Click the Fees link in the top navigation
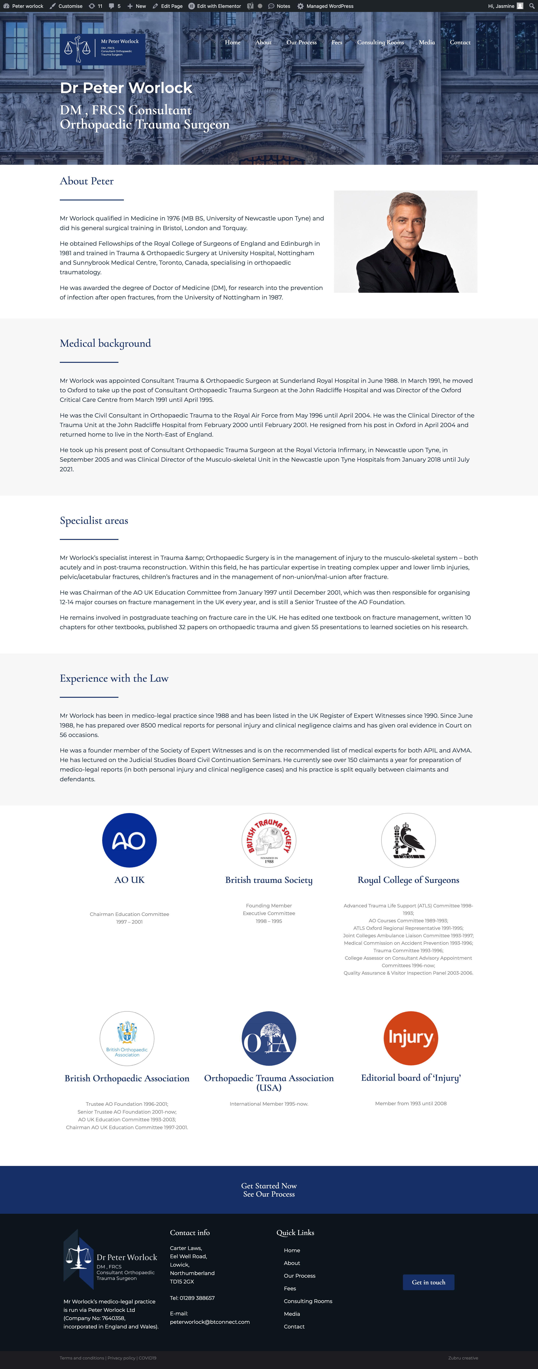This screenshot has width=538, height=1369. tap(336, 43)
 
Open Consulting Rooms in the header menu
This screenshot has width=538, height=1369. tap(380, 43)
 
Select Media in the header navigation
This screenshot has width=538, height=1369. tap(426, 43)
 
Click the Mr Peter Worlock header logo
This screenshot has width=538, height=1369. tap(102, 49)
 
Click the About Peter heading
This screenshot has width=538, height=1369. tap(87, 181)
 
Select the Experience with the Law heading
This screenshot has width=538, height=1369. tap(114, 679)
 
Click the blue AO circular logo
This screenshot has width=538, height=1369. tap(129, 840)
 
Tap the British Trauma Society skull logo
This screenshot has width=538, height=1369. tap(269, 840)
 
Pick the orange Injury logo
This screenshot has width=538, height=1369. tap(410, 1038)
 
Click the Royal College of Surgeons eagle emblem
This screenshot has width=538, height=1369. tap(408, 840)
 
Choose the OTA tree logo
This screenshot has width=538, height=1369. tap(269, 1038)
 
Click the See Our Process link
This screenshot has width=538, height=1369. tap(269, 1194)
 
